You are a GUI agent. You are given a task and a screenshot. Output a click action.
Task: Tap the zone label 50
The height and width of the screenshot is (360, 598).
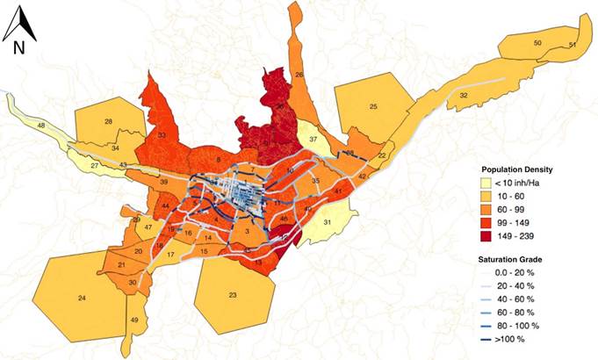click(537, 43)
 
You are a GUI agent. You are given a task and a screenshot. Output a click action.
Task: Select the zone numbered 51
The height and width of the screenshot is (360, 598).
click(572, 45)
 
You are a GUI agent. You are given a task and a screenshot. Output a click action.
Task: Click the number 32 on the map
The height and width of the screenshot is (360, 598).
click(463, 95)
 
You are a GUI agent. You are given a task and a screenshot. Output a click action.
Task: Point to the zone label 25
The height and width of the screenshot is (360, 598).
click(373, 106)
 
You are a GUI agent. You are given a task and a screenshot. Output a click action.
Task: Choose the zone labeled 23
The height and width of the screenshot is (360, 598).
click(233, 295)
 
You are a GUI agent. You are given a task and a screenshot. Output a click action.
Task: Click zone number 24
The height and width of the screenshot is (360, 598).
click(81, 299)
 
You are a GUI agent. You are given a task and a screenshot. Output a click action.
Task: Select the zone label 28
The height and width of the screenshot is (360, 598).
click(108, 121)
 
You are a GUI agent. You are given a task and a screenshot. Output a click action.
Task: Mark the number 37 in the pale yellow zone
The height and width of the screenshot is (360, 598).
click(313, 140)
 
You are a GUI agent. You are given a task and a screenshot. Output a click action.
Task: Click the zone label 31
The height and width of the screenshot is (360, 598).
click(326, 222)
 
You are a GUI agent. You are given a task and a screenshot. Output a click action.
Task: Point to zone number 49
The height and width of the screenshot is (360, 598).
click(134, 320)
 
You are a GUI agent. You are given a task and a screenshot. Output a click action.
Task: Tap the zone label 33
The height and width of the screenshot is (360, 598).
click(162, 136)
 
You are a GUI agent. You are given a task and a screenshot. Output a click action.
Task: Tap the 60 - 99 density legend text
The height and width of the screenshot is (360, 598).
click(524, 209)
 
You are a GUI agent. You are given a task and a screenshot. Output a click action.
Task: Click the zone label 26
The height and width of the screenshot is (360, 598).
click(299, 76)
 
